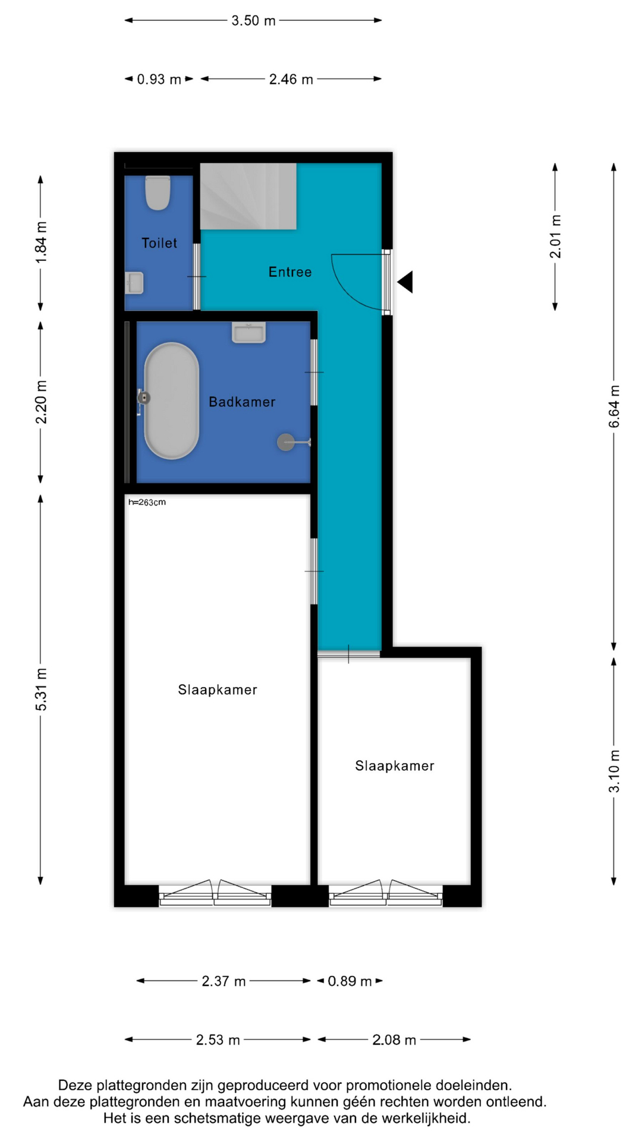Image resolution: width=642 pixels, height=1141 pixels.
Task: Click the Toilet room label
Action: click(x=159, y=243)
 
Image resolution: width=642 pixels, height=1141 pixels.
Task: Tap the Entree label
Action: click(x=290, y=272)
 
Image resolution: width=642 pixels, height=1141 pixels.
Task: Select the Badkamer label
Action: click(x=242, y=402)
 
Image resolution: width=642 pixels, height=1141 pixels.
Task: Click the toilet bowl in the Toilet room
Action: click(x=158, y=193)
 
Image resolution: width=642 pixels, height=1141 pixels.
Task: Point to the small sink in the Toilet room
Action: click(x=134, y=283)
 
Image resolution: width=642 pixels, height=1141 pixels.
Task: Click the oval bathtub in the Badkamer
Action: click(x=171, y=401)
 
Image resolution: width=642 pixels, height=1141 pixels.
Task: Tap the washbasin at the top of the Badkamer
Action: click(x=249, y=333)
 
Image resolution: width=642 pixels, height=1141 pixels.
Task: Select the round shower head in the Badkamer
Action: click(x=286, y=442)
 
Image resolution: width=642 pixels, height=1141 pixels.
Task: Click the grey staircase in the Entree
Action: click(x=248, y=196)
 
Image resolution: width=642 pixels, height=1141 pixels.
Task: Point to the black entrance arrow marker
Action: click(x=406, y=282)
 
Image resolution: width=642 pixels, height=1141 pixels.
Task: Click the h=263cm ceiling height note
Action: click(x=147, y=502)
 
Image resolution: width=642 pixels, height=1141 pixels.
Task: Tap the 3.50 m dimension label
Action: click(x=253, y=21)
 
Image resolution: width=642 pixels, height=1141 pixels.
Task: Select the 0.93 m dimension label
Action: click(x=159, y=80)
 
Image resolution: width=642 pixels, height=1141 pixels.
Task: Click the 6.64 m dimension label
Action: click(x=614, y=406)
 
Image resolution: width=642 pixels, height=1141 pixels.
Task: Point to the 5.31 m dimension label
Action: click(x=41, y=689)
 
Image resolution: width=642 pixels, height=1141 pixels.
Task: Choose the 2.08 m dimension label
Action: click(x=394, y=1040)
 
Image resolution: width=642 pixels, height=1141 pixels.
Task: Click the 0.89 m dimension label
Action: click(x=350, y=981)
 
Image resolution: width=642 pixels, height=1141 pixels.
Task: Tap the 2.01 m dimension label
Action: click(x=555, y=237)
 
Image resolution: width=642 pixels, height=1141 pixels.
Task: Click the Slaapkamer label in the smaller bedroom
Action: click(x=395, y=766)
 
